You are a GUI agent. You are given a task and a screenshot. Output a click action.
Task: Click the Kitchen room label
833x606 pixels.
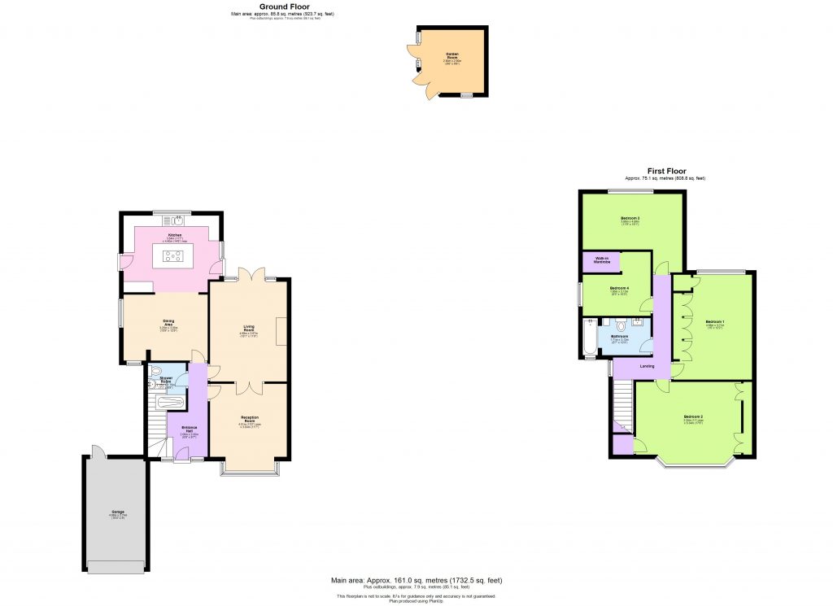(174, 235)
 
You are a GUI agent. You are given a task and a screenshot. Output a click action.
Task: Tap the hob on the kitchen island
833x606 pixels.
(173, 257)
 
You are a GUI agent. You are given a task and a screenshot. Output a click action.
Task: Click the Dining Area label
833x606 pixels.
(169, 320)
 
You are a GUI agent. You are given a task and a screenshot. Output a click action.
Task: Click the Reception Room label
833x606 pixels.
(248, 416)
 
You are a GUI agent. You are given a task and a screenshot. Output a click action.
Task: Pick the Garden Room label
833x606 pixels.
(452, 54)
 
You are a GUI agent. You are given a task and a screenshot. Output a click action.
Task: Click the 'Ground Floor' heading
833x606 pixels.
(282, 7)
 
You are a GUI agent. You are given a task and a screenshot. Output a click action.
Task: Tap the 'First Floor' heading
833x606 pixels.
(665, 171)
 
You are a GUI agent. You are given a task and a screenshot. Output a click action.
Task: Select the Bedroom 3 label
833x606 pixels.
(630, 219)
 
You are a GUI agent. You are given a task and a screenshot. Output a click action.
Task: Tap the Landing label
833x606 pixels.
(647, 366)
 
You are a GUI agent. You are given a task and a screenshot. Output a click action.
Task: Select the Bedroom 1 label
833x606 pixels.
(715, 321)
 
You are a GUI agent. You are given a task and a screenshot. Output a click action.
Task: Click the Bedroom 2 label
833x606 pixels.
(693, 417)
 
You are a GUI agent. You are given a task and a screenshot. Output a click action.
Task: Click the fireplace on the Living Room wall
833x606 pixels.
(281, 331)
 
